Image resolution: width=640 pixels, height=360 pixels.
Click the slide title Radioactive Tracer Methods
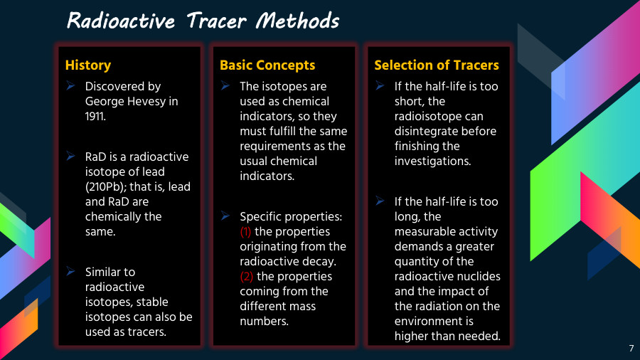pos(203,21)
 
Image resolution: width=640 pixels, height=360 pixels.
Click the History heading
pos(88,65)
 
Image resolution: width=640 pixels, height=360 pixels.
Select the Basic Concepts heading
pos(267,65)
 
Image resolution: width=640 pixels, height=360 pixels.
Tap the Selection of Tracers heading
pos(437,65)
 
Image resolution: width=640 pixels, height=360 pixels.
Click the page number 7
pos(631,349)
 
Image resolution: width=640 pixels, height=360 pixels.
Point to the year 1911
pos(95,116)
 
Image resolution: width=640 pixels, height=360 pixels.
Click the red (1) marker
pos(245,231)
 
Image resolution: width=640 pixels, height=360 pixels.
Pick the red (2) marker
pos(245,276)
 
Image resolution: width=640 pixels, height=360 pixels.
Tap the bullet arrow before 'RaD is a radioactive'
pos(71,156)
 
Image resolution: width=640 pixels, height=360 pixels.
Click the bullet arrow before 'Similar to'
pos(71,271)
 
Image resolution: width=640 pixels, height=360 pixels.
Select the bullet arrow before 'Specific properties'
pos(225,215)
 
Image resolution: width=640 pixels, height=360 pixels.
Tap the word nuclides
pos(479,276)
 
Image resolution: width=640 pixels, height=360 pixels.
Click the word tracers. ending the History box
pos(146,332)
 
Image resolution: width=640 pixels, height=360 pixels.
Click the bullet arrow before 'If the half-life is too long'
pos(380,201)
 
